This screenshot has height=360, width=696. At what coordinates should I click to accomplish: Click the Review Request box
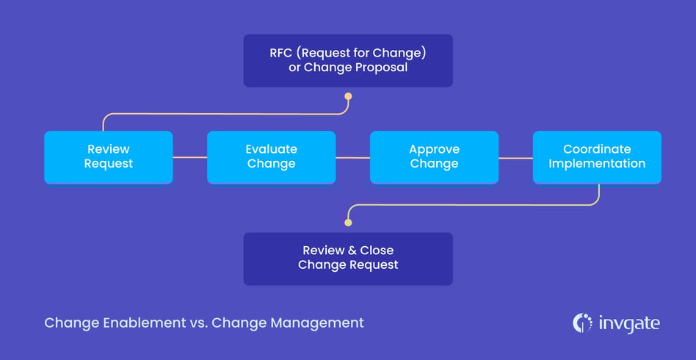108,156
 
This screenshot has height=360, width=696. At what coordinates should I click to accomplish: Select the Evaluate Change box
271,156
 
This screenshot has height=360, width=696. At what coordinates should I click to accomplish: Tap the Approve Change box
434,156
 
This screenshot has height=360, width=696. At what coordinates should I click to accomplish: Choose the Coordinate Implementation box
597,156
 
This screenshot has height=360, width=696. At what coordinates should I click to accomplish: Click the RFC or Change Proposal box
348,60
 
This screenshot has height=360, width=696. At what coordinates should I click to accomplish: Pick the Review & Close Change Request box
348,259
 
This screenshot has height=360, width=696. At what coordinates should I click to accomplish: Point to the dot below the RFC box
348,96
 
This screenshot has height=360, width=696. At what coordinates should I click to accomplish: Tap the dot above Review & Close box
348,222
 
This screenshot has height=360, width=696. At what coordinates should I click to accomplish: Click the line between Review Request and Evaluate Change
189,157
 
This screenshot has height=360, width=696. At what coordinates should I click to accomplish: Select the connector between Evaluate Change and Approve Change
352,157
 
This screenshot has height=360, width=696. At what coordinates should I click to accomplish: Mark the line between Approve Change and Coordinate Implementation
515,157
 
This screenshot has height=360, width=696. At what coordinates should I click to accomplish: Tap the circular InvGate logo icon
581,323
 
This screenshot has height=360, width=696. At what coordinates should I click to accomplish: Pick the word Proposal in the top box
382,68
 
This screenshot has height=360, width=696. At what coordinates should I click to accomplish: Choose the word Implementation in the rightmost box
597,164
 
